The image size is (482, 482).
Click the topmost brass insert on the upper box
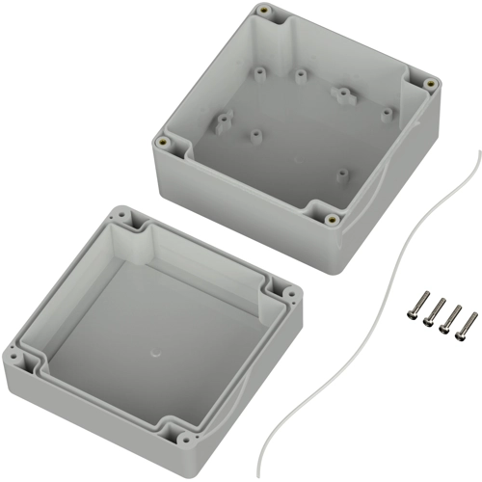263,12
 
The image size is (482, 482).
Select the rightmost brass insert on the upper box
431,84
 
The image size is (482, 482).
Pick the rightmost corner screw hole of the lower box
288,288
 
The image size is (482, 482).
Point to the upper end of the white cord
477,154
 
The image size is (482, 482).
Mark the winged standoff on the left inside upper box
224,120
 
